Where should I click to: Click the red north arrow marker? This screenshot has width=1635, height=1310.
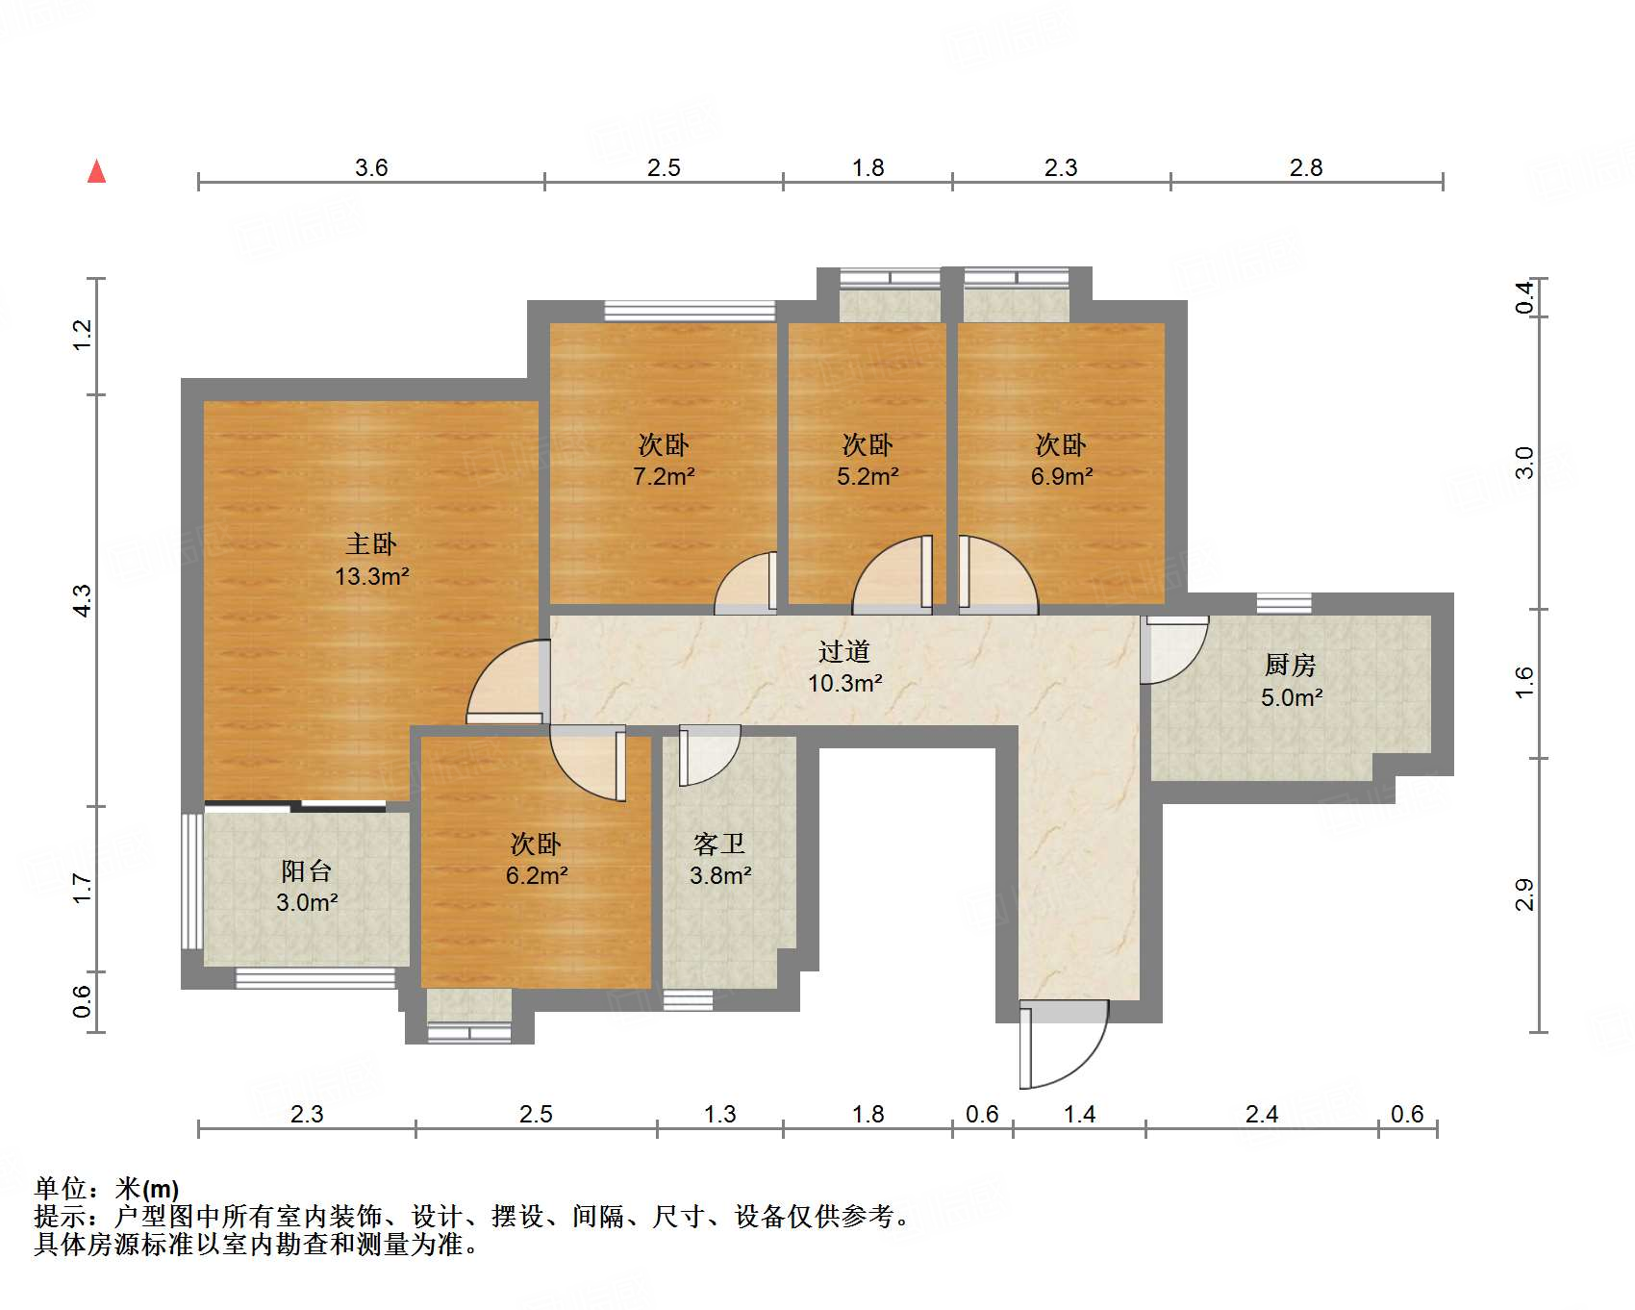[96, 172]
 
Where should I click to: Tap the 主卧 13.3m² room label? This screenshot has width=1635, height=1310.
[371, 561]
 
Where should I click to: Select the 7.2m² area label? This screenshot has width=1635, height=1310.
[664, 476]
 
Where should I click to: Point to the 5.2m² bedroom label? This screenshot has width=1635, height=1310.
[868, 476]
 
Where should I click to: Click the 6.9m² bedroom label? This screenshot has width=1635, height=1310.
[1062, 476]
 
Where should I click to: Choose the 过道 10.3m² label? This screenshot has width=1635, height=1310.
[844, 668]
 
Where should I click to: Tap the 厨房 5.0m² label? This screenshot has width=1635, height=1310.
[1291, 681]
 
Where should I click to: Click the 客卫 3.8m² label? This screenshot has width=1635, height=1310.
[719, 860]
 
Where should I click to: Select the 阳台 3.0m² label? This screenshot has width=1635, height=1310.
[307, 886]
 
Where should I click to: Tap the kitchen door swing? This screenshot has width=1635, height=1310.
[1174, 650]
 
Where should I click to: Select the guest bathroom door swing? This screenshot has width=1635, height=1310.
[710, 756]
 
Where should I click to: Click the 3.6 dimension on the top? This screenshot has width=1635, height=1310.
[371, 167]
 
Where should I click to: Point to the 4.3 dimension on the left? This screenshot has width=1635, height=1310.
[82, 600]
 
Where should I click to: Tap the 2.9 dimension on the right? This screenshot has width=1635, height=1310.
[1524, 894]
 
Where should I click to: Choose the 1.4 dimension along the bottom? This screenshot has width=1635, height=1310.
[1079, 1114]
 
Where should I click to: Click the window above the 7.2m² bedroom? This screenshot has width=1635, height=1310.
[690, 310]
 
